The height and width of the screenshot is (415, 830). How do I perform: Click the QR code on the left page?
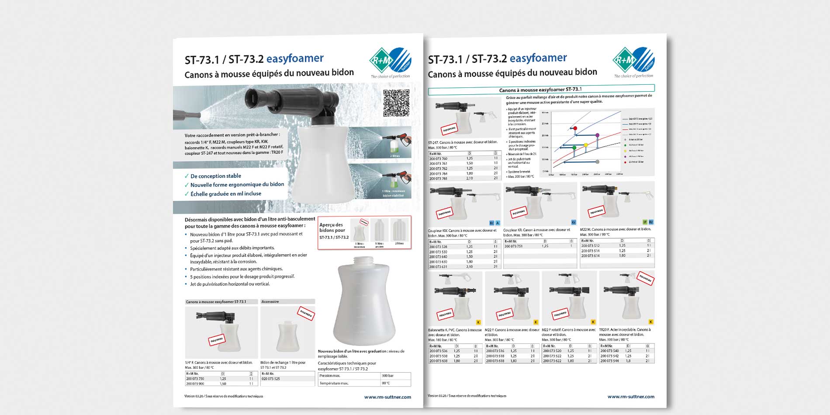point(396,103)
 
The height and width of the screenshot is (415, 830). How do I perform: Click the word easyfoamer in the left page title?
point(295,59)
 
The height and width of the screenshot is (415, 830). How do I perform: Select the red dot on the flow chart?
point(575,128)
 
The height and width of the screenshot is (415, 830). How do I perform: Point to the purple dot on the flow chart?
point(598,135)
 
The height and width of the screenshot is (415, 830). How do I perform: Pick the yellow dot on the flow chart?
point(586,145)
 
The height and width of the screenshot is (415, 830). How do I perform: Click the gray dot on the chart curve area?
point(598,162)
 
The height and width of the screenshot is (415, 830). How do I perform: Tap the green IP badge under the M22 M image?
point(645,222)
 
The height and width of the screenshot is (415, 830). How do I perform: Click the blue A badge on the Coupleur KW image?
point(498,223)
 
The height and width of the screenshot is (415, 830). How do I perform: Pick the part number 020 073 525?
point(271,379)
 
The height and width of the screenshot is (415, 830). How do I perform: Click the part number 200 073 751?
point(514,246)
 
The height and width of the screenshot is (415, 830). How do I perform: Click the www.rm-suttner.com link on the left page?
point(387,397)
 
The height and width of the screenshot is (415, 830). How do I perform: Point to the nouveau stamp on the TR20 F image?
point(646,278)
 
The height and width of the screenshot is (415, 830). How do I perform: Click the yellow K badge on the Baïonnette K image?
point(478,322)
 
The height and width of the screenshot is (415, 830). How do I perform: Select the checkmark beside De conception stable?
point(187,176)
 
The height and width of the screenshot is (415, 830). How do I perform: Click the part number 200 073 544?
point(609,361)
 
